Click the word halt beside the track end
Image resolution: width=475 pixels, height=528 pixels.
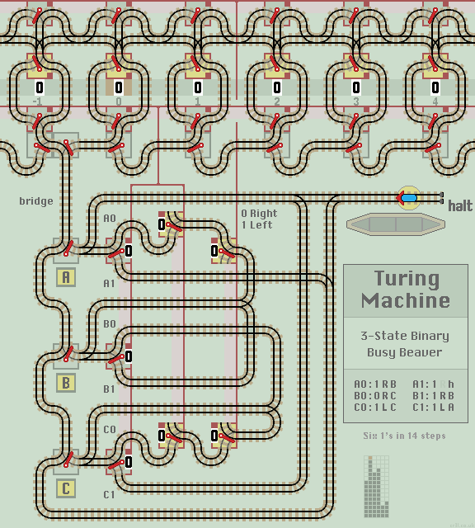[x=460, y=206]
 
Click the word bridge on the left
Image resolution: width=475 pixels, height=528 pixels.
[x=36, y=201]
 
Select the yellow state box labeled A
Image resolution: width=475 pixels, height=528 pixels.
[x=66, y=277]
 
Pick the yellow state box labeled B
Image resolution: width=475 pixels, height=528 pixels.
[x=66, y=383]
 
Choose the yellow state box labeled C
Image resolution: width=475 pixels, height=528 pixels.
[x=66, y=488]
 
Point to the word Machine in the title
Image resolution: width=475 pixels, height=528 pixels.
[x=405, y=299]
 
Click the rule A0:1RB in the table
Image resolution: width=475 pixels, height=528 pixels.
[x=375, y=384]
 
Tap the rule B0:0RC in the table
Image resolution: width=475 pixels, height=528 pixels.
[x=375, y=395]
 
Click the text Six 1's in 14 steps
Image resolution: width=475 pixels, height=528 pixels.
[x=404, y=436]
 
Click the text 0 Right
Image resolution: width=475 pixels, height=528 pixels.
[x=259, y=214]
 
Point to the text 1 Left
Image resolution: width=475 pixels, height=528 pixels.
[x=256, y=224]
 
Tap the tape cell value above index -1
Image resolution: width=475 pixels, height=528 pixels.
[x=39, y=87]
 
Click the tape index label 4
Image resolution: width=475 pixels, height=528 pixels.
[x=435, y=101]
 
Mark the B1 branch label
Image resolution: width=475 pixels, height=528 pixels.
[x=110, y=389]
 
